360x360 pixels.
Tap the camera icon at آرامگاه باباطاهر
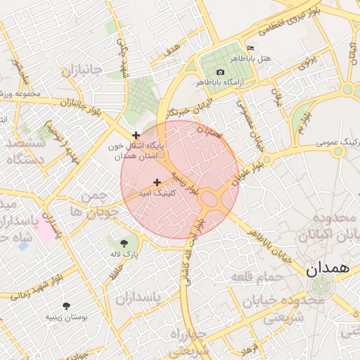point(221,72)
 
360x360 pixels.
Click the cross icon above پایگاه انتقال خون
point(136,135)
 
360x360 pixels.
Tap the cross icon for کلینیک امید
point(156,182)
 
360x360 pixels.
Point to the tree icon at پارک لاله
point(124,241)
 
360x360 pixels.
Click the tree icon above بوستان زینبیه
point(67,306)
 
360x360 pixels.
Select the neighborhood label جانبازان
point(82,71)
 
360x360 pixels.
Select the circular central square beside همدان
point(320,286)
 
